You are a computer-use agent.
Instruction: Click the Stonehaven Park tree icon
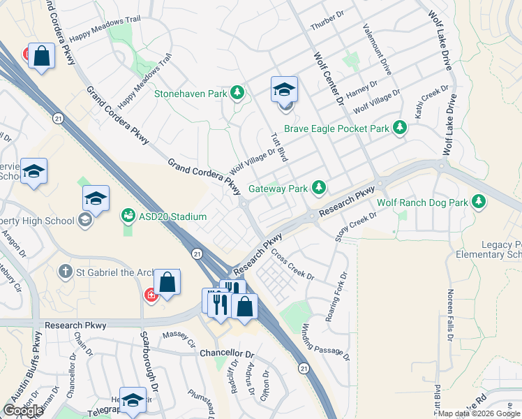click(237, 93)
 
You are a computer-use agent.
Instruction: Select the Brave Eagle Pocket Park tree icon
click(400, 128)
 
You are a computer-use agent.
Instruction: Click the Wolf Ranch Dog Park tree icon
click(479, 202)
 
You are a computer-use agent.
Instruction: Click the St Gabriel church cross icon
click(65, 271)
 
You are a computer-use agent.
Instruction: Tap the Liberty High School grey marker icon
click(85, 221)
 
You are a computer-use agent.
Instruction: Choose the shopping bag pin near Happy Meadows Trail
click(42, 57)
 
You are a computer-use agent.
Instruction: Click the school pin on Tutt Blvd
click(284, 90)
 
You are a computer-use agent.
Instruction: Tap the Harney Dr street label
click(361, 88)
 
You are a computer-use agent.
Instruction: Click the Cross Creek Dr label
click(292, 265)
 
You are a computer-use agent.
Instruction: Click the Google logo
click(23, 411)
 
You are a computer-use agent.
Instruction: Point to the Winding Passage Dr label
click(325, 343)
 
